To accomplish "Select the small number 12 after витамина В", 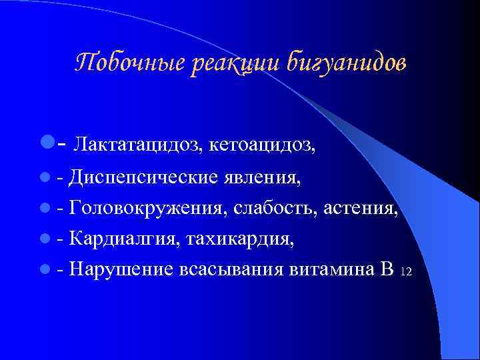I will click(407, 272).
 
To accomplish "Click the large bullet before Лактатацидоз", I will click(45, 142).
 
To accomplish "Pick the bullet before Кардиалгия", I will click(44, 239).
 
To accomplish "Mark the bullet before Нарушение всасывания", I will click(44, 269).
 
